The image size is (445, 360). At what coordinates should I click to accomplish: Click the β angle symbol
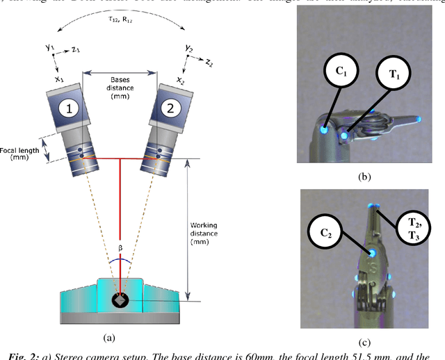120,247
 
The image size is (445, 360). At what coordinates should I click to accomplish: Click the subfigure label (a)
108,338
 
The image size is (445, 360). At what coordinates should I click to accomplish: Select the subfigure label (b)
364,177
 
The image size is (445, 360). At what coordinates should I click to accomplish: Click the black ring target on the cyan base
120,302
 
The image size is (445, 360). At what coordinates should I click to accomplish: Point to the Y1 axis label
49,47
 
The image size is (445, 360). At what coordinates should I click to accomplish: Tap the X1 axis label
58,79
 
